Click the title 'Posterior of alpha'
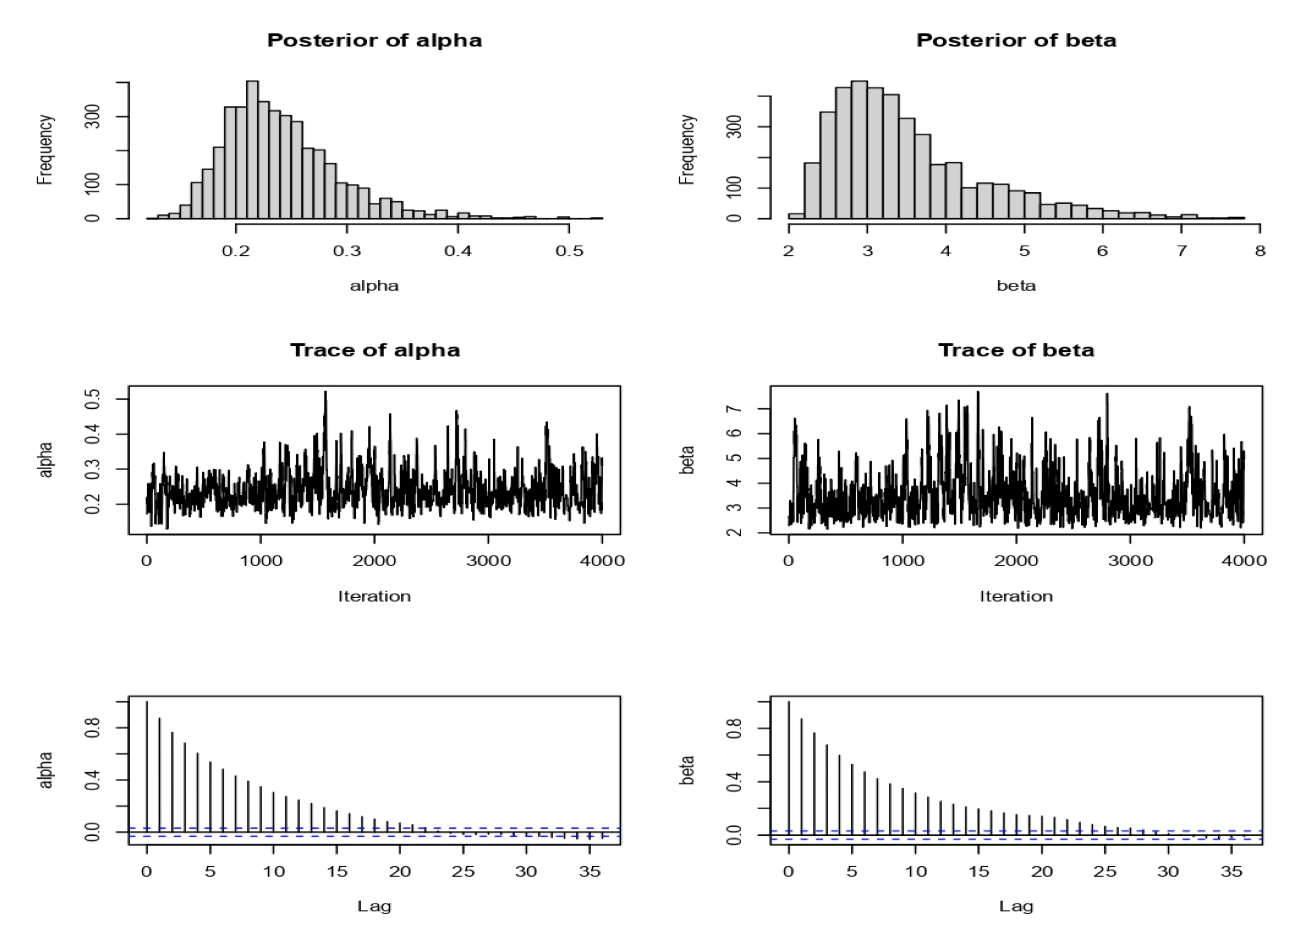[374, 40]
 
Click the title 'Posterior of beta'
[1016, 40]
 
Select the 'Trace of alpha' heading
[374, 350]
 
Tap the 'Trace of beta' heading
[1016, 350]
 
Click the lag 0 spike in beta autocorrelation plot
[788, 767]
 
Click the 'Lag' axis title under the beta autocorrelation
[1016, 906]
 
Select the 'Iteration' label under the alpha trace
[374, 597]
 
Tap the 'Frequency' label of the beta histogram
[687, 150]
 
